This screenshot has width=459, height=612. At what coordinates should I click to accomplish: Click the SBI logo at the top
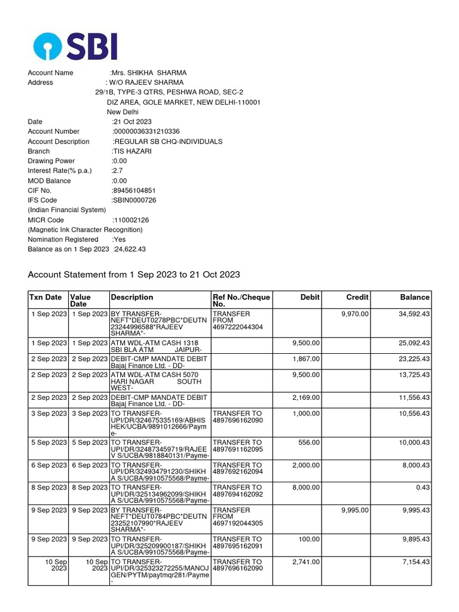75,46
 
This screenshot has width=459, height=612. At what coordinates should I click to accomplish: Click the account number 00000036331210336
146,131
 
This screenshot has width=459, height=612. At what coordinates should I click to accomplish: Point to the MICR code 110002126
131,220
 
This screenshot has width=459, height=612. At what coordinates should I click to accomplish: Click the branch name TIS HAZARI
132,151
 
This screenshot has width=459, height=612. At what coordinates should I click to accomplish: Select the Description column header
131,297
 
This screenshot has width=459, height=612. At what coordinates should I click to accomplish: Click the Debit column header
310,297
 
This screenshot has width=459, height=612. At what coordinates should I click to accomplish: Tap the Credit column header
357,297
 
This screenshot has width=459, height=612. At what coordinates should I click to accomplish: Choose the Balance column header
415,297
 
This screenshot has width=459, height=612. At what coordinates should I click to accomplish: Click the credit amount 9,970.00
355,314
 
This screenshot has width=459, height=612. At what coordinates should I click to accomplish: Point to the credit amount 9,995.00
355,510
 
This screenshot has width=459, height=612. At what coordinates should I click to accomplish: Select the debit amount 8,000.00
306,488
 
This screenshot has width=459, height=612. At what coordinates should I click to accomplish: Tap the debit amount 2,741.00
306,562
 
